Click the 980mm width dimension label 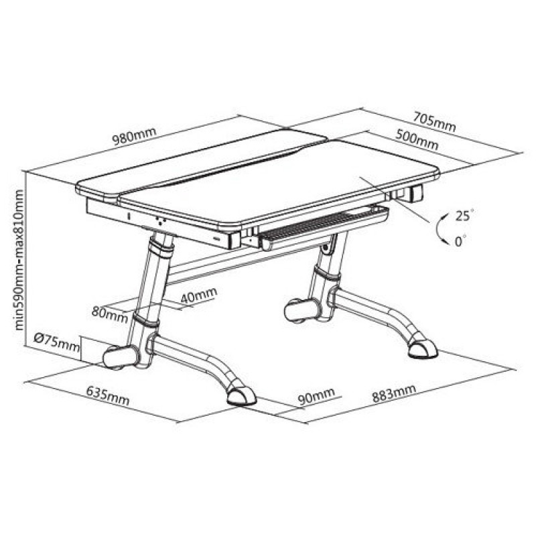135,136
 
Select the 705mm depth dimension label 434,121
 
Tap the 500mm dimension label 417,139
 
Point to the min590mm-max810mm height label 19,260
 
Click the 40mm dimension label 198,295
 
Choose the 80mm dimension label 110,314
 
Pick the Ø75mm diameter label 57,343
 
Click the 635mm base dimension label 108,395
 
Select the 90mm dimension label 316,396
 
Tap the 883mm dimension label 394,393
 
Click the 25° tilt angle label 465,215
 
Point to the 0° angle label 460,241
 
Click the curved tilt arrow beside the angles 440,228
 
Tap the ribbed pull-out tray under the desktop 323,226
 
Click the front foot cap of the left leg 241,396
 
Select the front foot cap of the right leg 423,349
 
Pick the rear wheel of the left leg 121,357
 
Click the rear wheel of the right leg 302,310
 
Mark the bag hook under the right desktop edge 416,194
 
